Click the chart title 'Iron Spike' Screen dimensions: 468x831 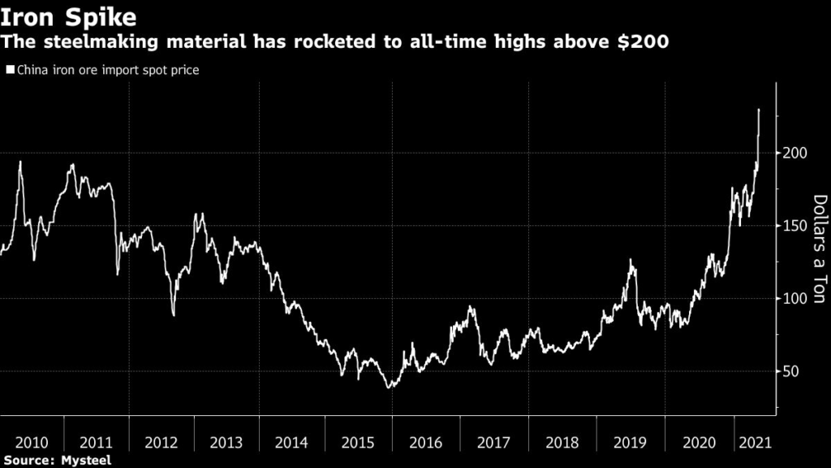click(68, 16)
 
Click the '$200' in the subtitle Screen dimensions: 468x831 click(645, 42)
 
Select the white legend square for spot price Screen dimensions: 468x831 click(9, 71)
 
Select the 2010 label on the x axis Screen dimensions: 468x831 click(32, 443)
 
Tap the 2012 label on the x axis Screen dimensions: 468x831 click(161, 443)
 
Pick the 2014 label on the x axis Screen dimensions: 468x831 click(291, 443)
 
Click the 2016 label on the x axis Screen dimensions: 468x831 click(425, 443)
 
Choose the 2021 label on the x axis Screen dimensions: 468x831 click(754, 443)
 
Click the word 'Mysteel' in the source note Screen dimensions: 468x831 click(84, 461)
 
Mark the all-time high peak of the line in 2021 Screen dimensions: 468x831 click(759, 110)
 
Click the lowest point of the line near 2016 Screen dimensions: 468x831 click(390, 388)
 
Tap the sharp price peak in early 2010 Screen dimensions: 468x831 click(20, 162)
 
